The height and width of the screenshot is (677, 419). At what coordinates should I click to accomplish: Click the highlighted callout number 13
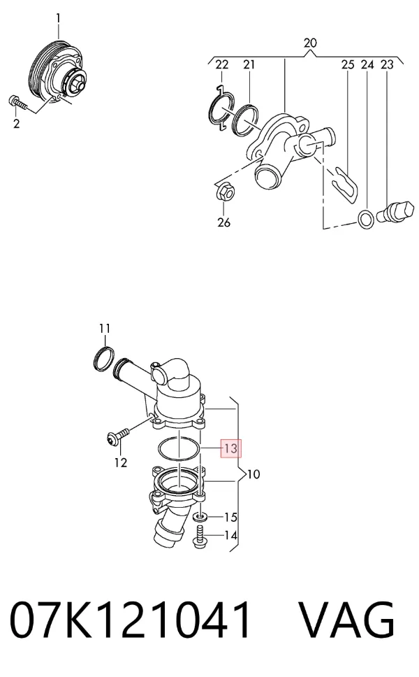(230, 448)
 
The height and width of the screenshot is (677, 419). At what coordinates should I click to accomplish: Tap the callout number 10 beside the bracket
(254, 474)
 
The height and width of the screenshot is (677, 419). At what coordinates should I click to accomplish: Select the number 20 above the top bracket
(310, 43)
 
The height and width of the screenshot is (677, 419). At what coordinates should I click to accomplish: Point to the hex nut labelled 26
(224, 192)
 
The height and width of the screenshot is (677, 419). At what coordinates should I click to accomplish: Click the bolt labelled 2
(17, 103)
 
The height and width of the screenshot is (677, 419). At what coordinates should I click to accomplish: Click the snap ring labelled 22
(221, 109)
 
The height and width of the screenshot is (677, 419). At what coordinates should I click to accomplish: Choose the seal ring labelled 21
(245, 120)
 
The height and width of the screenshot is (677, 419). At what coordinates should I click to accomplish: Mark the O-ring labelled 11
(104, 358)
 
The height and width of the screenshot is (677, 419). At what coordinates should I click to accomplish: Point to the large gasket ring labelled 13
(179, 448)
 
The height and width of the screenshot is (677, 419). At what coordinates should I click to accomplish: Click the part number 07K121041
(130, 620)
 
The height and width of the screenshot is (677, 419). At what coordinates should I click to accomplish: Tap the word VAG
(347, 620)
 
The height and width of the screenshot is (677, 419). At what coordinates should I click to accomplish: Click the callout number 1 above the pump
(58, 19)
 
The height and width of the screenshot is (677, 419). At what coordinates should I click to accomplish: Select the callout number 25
(348, 65)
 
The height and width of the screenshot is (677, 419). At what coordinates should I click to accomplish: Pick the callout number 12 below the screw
(121, 462)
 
